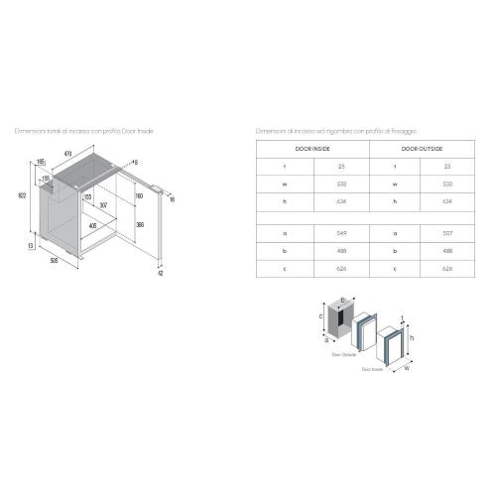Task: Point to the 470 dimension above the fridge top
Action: (x=68, y=153)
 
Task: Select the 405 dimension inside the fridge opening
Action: (x=92, y=225)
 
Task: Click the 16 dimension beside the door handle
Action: (x=171, y=199)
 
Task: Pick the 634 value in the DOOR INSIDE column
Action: (x=340, y=200)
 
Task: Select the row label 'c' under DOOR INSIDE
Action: (x=286, y=268)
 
